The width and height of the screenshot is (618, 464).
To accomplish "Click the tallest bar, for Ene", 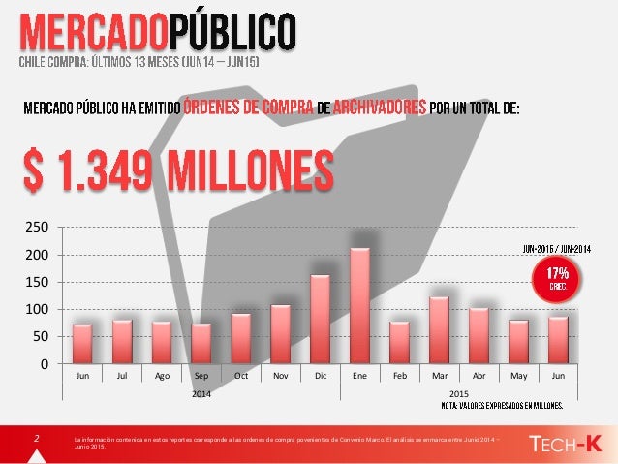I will click(x=360, y=305).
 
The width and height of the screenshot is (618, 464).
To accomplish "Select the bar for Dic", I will click(x=320, y=319).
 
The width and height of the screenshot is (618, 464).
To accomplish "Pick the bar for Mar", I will click(x=439, y=329).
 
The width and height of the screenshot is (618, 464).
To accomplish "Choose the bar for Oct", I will click(x=240, y=338).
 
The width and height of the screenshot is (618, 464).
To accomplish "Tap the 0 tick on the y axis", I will click(x=44, y=364).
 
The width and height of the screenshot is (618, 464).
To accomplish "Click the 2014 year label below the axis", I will click(x=201, y=394).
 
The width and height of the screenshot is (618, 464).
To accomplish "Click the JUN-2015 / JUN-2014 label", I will click(x=557, y=247).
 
